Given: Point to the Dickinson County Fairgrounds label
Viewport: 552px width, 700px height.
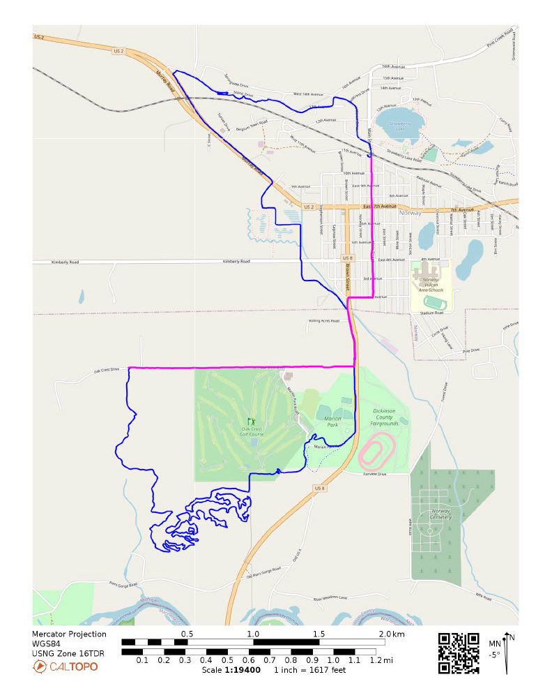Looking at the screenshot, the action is click(385, 417).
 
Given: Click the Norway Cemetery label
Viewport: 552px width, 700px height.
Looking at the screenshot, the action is click(440, 514).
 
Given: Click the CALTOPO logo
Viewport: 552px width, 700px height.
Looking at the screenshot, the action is click(66, 667).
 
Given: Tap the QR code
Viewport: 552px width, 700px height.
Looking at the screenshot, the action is click(459, 653).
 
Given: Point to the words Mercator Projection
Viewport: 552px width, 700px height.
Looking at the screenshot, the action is click(69, 634).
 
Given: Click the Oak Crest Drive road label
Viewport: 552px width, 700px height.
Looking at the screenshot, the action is click(107, 370).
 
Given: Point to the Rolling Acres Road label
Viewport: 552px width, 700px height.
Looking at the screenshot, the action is click(323, 321).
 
